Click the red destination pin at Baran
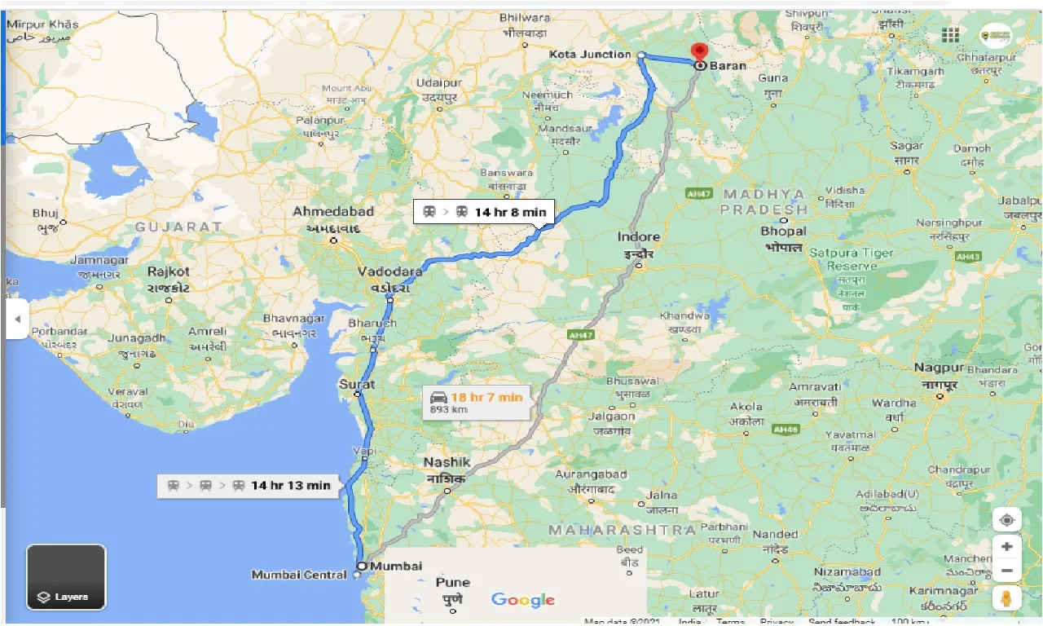(699, 51)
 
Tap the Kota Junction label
(590, 55)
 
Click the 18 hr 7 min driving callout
(477, 402)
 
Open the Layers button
(66, 577)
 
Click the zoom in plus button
(1007, 547)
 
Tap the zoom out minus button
(1007, 571)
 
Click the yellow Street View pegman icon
(1007, 599)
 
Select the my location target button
(1007, 520)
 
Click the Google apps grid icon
(950, 34)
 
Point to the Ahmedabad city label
(333, 212)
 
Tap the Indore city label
(638, 237)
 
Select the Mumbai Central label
(299, 575)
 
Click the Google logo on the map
(523, 601)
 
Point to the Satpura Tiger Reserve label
(852, 259)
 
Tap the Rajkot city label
(169, 271)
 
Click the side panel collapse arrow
(16, 320)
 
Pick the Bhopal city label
(783, 231)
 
